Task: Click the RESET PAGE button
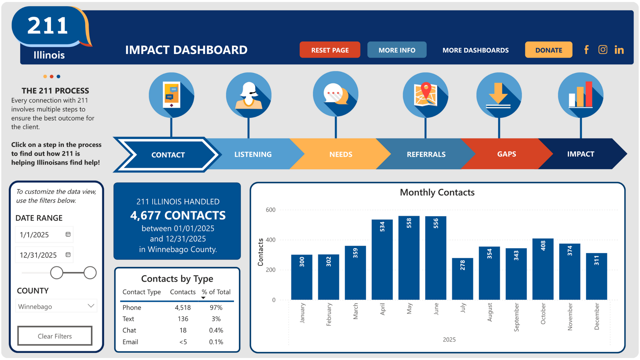(330, 50)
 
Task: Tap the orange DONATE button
(548, 50)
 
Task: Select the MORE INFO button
(397, 50)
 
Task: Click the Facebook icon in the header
(586, 50)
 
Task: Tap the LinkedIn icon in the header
(619, 50)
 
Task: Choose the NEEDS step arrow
(341, 154)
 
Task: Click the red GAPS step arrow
(506, 154)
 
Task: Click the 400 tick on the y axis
(270, 240)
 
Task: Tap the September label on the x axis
(516, 317)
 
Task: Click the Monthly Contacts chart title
(437, 192)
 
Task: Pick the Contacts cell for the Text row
(183, 319)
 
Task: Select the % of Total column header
(216, 292)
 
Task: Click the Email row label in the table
(130, 342)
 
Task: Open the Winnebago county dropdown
(56, 306)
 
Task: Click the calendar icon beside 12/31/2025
(68, 255)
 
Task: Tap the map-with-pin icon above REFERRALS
(425, 95)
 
